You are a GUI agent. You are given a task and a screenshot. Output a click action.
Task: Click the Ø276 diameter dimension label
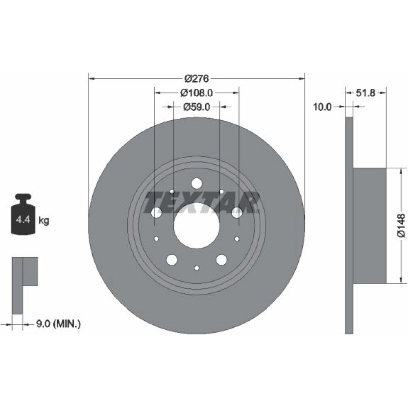pos(197,78)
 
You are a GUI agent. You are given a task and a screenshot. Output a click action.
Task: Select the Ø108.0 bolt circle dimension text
pos(197,93)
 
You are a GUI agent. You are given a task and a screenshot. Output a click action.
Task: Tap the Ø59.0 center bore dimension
pos(197,106)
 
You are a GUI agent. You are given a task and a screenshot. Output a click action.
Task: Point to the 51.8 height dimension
pos(366,93)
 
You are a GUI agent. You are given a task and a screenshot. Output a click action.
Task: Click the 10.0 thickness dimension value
pos(322,106)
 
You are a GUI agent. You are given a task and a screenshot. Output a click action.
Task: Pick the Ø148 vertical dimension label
pos(401,225)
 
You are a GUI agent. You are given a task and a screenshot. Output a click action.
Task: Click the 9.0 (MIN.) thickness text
pos(58,324)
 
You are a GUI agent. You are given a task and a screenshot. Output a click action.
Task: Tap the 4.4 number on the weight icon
pos(23,220)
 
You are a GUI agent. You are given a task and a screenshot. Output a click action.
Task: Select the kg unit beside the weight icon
pos(44,221)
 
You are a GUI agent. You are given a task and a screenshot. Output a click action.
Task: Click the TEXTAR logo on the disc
pos(202,202)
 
